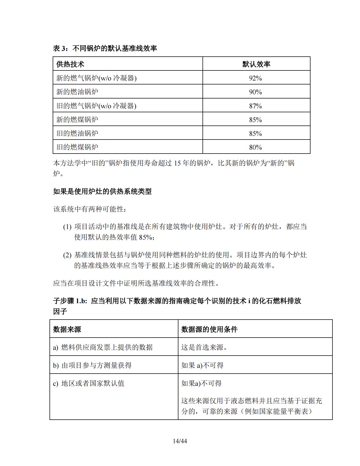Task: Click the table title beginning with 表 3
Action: point(105,48)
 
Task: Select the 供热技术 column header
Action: point(70,64)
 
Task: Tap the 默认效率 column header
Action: point(256,64)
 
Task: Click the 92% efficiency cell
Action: point(255,78)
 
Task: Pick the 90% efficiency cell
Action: point(255,92)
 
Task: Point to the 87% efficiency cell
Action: point(255,106)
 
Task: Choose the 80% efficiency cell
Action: point(255,147)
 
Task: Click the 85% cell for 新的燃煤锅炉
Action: point(255,120)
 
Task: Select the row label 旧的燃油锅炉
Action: point(77,133)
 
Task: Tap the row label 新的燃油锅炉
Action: point(77,92)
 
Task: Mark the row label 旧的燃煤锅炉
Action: point(77,147)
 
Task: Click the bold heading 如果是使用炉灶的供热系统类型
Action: point(102,191)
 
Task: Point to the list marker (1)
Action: point(67,227)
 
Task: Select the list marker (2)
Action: point(67,255)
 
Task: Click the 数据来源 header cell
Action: point(67,329)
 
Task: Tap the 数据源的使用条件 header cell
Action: point(209,329)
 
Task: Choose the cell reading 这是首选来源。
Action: point(204,347)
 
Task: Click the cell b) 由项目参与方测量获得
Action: point(92,365)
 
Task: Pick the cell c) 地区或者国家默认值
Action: point(89,383)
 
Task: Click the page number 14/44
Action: point(180,441)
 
